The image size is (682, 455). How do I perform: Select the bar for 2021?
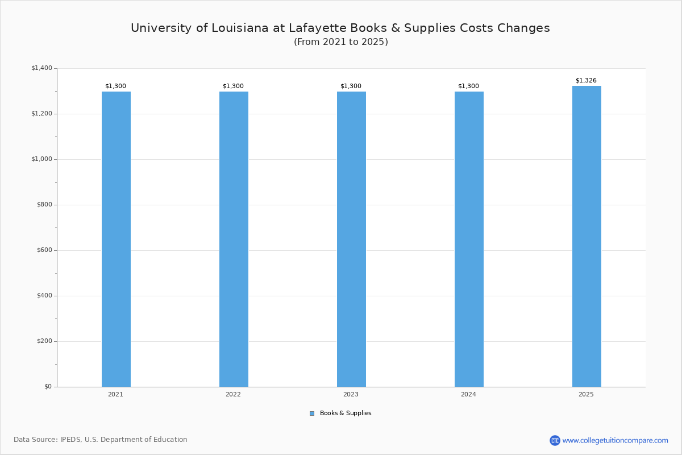click(116, 239)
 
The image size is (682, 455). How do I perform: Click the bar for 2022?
click(234, 239)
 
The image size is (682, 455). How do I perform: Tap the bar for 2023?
click(351, 239)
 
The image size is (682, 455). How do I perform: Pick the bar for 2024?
click(469, 239)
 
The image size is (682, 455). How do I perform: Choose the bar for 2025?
click(587, 237)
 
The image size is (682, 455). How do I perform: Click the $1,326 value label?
click(586, 80)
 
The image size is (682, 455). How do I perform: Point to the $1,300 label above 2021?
click(116, 86)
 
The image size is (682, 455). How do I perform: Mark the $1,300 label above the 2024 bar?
click(468, 86)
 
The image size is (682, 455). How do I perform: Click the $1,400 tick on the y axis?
click(41, 68)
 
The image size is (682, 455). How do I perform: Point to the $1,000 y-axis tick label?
click(41, 159)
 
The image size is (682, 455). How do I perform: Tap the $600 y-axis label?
click(44, 250)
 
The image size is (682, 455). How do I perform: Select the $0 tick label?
click(48, 387)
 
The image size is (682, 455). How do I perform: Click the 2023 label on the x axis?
click(351, 394)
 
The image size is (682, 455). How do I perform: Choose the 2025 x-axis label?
click(586, 394)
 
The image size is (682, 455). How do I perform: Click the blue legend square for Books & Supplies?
click(312, 413)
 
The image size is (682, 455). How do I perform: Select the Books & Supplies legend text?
click(346, 413)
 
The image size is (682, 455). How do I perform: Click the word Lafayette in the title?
click(318, 28)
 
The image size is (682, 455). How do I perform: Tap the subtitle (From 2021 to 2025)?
click(341, 42)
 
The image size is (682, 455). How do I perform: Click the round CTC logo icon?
click(555, 440)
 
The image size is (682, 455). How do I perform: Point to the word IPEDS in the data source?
click(70, 440)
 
